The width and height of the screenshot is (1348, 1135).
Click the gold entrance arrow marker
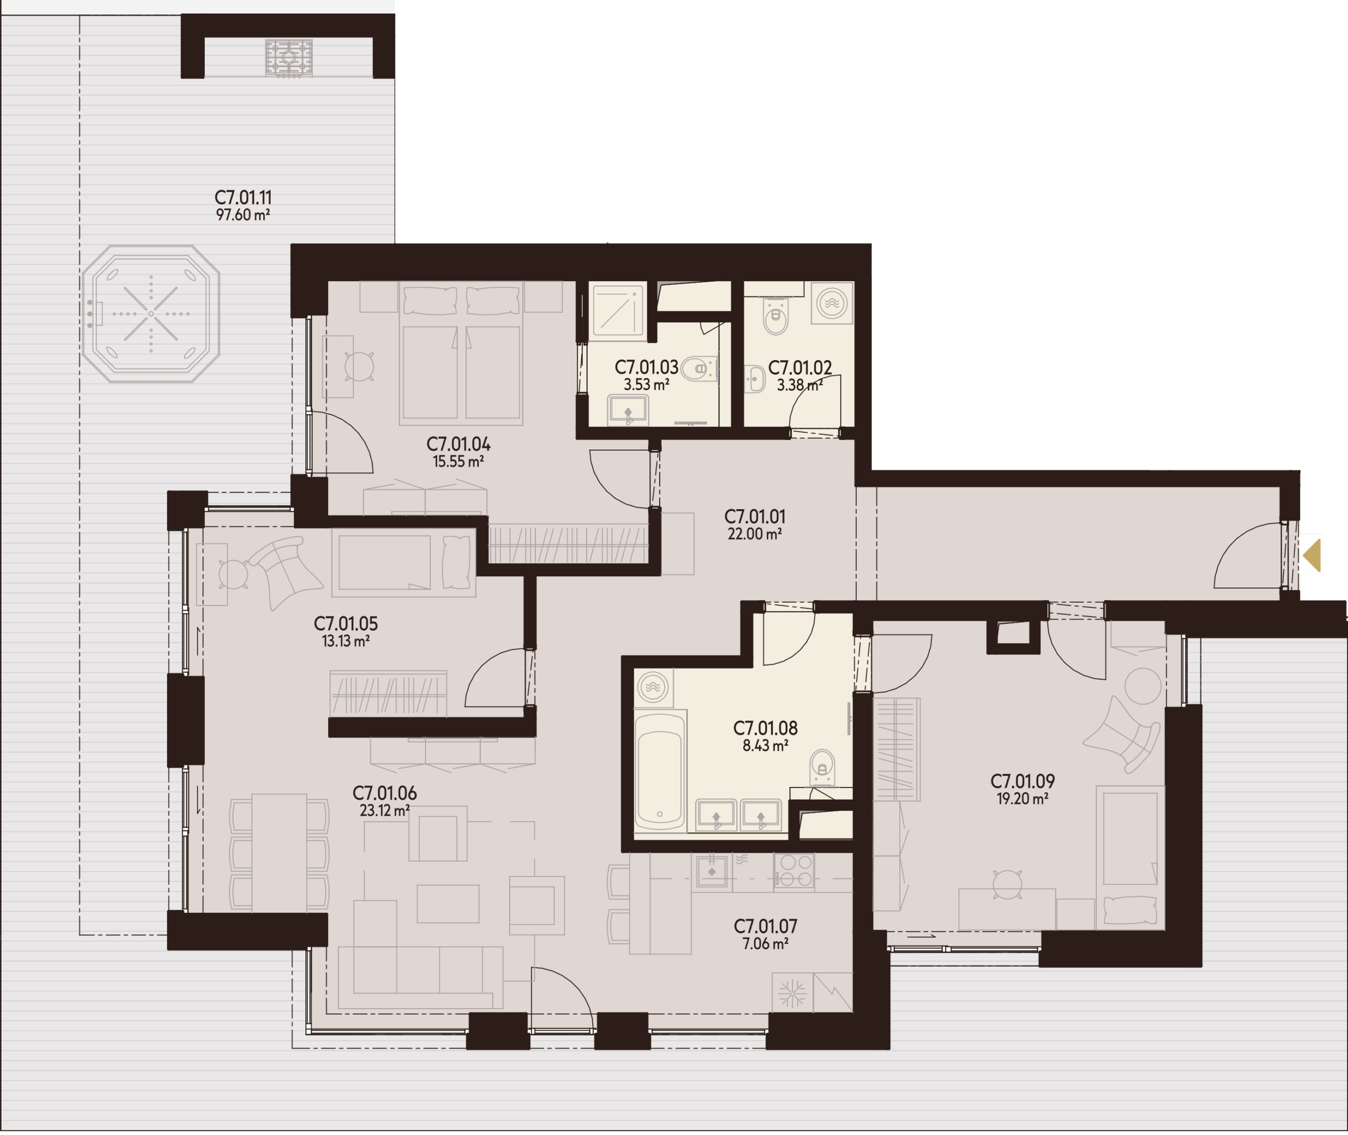point(1313,555)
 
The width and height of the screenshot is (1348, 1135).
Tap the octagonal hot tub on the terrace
point(151,313)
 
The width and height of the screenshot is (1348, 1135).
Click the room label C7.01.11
point(243,197)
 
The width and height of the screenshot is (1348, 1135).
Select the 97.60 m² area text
point(243,215)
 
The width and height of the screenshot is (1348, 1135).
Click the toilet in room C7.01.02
point(776,316)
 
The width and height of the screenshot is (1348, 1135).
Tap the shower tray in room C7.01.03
point(617,309)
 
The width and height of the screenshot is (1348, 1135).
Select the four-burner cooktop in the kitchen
point(794,871)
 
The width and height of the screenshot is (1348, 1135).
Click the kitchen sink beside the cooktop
point(712,871)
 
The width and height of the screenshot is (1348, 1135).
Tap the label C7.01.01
point(755,516)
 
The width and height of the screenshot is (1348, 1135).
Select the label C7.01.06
point(384,793)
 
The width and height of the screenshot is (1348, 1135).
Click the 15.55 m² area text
point(458,461)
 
